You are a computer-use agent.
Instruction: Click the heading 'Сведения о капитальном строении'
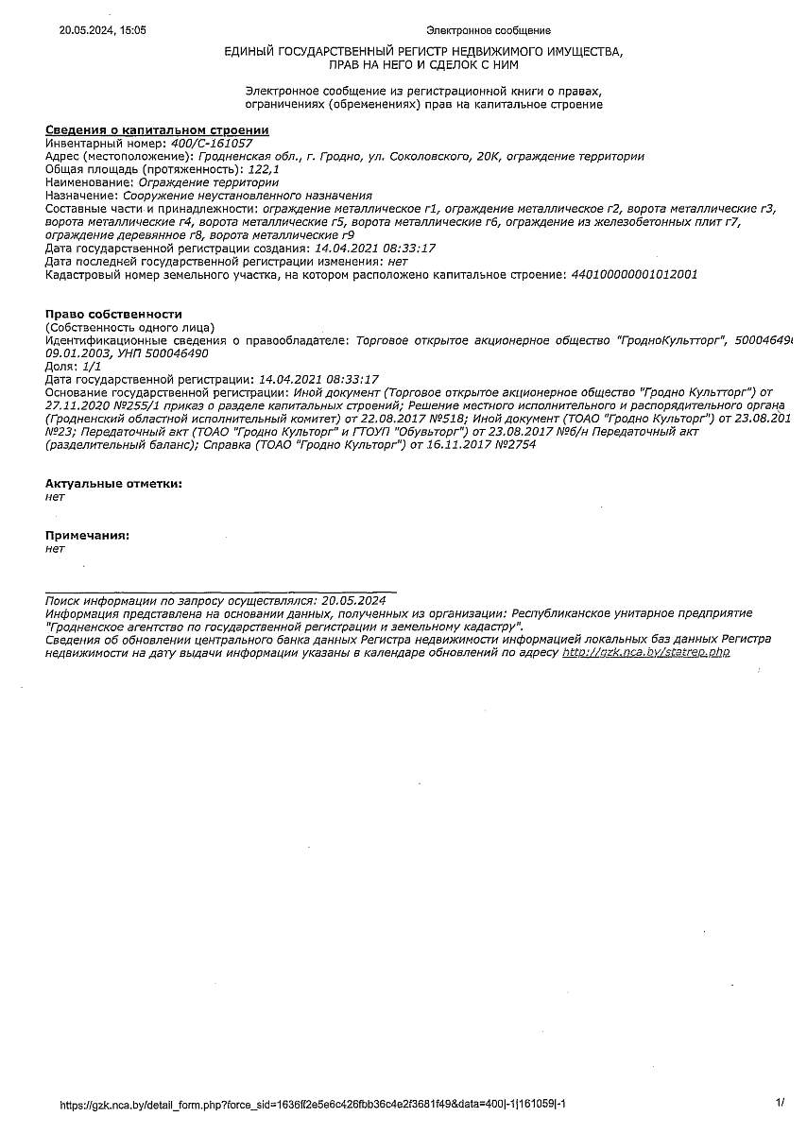[157, 129]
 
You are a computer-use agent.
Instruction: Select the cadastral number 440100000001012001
[634, 274]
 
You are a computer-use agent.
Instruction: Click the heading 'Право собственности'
[113, 314]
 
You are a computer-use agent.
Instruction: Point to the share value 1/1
[92, 365]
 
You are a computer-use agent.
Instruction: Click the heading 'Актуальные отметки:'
[113, 483]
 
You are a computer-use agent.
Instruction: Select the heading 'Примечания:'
[87, 536]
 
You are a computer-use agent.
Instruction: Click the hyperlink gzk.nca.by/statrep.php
[646, 652]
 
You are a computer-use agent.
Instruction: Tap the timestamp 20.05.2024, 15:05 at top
[103, 30]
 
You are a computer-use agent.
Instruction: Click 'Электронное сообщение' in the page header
[489, 30]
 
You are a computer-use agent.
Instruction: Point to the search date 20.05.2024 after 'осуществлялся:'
[353, 600]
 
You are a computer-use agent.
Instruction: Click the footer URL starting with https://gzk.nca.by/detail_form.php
[313, 1104]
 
